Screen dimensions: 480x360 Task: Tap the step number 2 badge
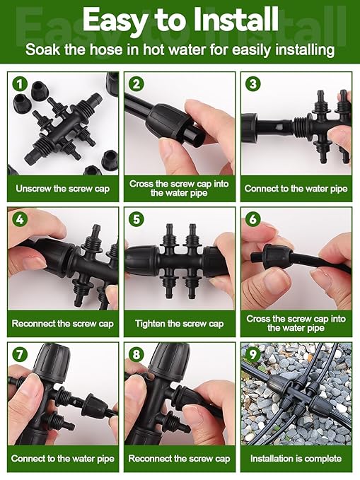137,84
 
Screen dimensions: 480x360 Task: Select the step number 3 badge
253,84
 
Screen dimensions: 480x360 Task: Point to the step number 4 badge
21,220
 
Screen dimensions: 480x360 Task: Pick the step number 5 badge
137,220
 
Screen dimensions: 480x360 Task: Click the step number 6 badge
253,220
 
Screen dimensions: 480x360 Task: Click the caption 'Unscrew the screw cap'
63,189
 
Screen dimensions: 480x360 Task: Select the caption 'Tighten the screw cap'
179,324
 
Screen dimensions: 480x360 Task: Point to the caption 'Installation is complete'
296,459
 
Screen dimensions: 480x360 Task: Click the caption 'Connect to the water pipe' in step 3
296,189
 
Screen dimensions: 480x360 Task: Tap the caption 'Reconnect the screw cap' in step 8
179,459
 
